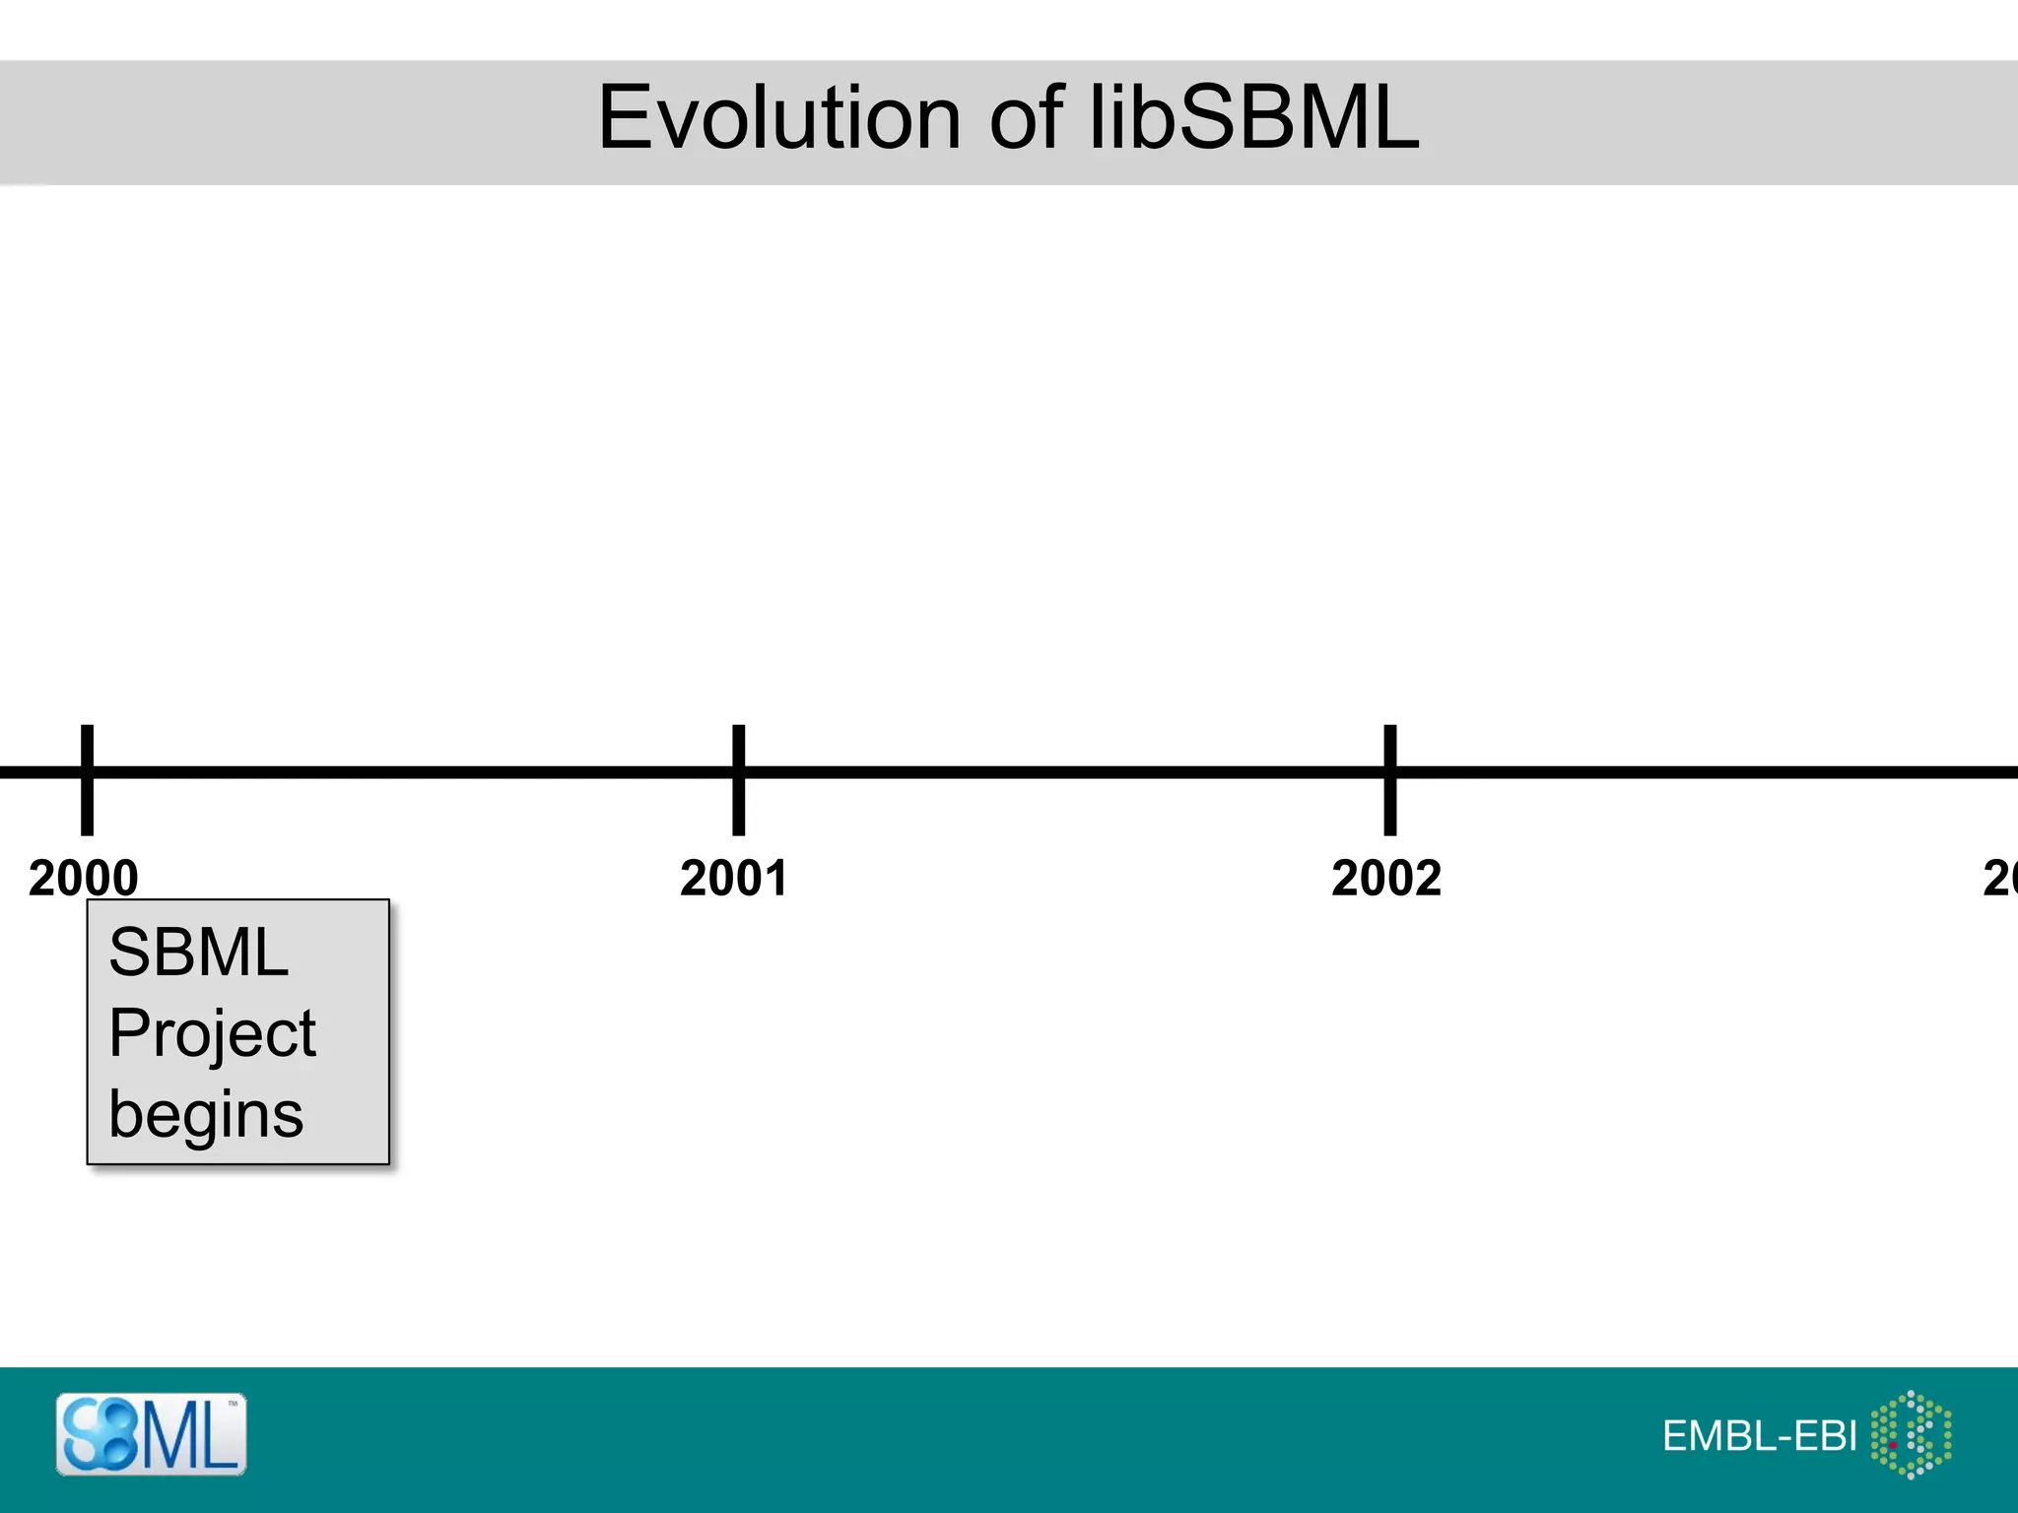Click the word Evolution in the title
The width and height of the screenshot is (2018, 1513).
778,118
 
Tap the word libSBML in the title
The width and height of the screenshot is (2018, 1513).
1254,118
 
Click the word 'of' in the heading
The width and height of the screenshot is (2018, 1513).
1025,118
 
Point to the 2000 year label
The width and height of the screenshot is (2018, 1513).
84,878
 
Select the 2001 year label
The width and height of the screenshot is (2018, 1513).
734,878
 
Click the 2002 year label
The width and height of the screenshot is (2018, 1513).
1386,878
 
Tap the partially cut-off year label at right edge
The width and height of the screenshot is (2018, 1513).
2000,878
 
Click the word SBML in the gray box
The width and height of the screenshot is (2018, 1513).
198,954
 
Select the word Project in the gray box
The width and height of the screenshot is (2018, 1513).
212,1034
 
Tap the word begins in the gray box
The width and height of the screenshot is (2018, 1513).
206,1115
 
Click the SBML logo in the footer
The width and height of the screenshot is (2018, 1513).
151,1434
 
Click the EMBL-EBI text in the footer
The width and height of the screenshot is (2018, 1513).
1759,1436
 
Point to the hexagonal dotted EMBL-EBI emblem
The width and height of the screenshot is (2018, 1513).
1911,1434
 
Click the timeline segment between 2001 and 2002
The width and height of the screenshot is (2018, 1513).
1064,772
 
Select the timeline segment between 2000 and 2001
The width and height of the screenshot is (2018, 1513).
414,772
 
